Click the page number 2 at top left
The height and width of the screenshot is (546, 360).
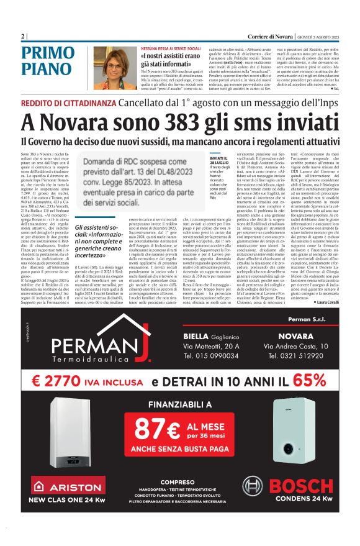coord(22,35)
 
